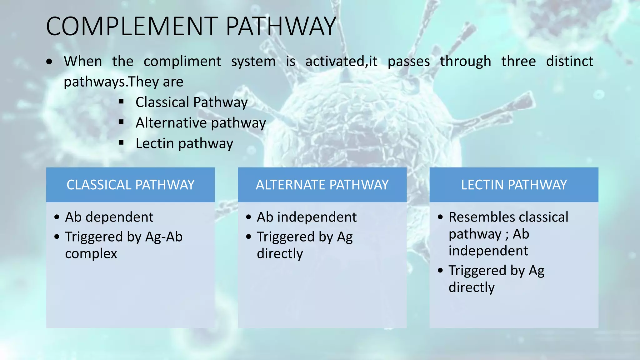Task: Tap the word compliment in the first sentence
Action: click(x=182, y=61)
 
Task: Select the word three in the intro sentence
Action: click(x=518, y=61)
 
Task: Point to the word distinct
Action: click(x=569, y=61)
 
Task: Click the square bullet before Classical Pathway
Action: click(x=121, y=102)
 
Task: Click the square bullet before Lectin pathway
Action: click(x=121, y=143)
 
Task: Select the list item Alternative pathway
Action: click(x=201, y=123)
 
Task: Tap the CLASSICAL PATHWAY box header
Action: click(x=130, y=185)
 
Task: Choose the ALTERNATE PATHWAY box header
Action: click(x=322, y=185)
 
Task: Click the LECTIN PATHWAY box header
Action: click(x=514, y=185)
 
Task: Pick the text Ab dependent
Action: click(x=109, y=217)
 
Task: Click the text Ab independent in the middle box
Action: click(x=307, y=217)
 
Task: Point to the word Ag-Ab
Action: click(x=164, y=237)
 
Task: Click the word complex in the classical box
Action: click(x=91, y=254)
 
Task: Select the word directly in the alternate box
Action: click(x=280, y=254)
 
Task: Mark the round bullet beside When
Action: click(x=49, y=62)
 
